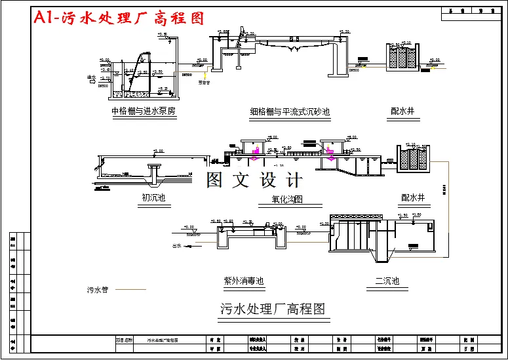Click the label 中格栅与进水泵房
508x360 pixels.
click(x=144, y=111)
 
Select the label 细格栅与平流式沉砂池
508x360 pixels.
click(x=290, y=113)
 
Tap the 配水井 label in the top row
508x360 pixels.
click(x=401, y=111)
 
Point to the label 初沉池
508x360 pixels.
click(x=153, y=197)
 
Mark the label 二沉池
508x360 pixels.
click(x=387, y=281)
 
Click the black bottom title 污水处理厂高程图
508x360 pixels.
click(x=273, y=308)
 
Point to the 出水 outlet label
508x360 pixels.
click(x=176, y=247)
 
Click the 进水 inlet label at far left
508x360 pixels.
click(x=91, y=78)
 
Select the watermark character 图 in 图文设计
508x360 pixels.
click(x=216, y=180)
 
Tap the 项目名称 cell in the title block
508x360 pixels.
click(x=124, y=341)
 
